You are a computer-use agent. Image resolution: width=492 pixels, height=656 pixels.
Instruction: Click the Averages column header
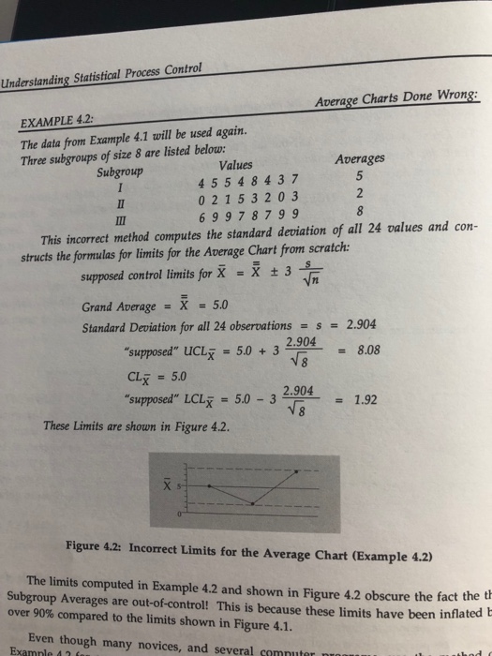361,161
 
